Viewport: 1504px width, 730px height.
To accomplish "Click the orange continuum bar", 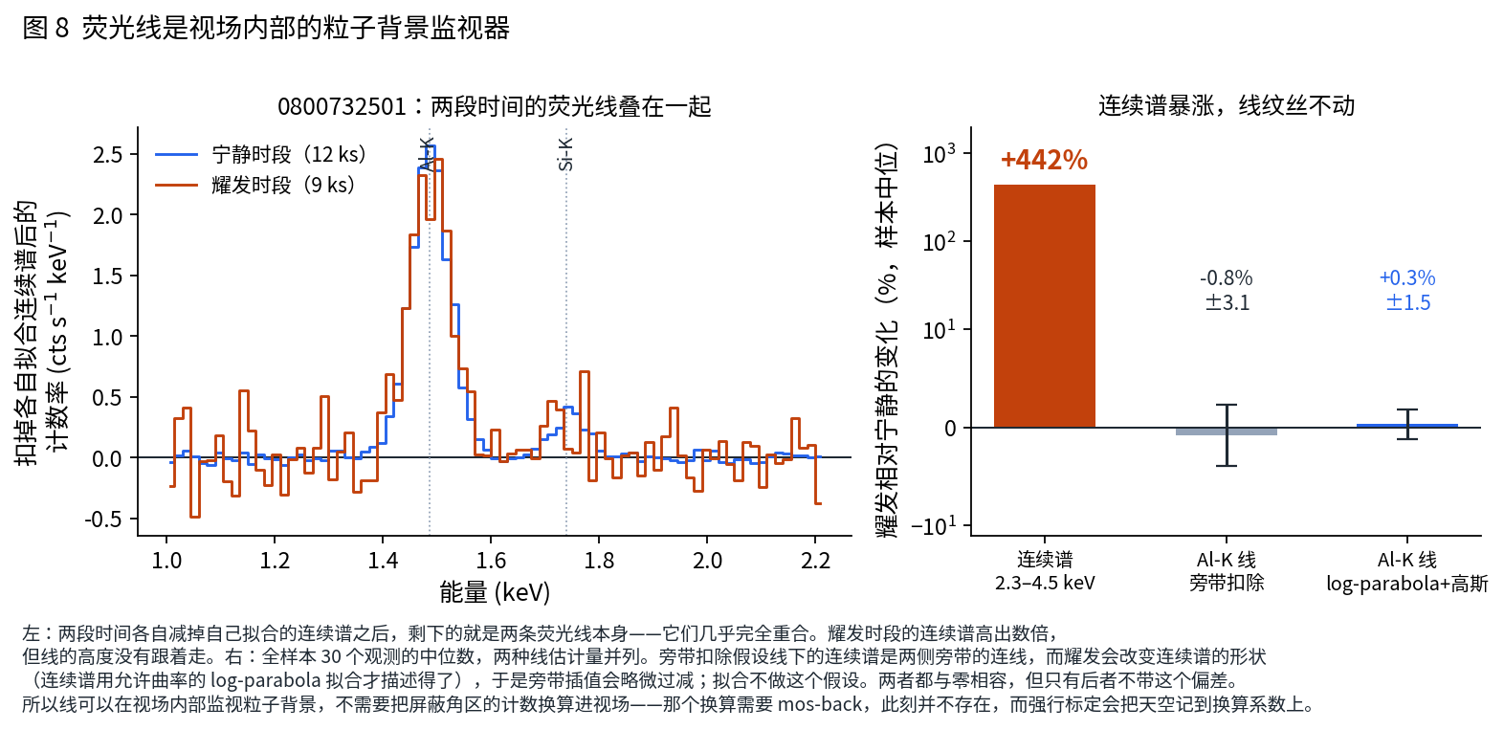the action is pos(1044,305).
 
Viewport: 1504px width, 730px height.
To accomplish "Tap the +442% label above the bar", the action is pos(1044,160).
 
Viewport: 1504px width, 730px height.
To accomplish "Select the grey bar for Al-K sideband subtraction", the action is pos(1226,431).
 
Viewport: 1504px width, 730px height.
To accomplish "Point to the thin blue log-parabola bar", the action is pos(1407,426).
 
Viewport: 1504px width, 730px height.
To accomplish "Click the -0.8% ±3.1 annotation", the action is pos(1227,290).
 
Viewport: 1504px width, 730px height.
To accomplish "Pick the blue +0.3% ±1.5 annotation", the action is pos(1408,290).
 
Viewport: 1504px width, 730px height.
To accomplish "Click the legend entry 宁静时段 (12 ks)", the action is pos(260,154).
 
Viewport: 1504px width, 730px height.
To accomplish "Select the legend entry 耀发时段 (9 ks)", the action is pos(255,185).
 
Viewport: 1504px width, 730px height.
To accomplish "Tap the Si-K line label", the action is pos(565,154).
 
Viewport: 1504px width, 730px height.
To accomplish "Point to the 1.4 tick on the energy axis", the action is pos(383,560).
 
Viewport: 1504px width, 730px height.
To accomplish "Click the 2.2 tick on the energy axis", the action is pos(815,560).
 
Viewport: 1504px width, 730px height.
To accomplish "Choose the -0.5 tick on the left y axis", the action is pos(103,519).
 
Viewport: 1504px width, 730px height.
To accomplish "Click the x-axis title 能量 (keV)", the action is pos(495,592).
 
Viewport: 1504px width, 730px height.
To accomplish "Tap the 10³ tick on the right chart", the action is pos(939,154).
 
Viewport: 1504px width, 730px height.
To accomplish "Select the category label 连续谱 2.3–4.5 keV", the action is pos(1045,571).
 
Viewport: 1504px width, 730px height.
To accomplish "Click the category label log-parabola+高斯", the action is pos(1407,583).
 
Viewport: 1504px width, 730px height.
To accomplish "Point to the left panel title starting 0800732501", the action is pos(495,106).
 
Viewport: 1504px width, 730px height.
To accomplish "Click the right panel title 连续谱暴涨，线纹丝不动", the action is pos(1226,105).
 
